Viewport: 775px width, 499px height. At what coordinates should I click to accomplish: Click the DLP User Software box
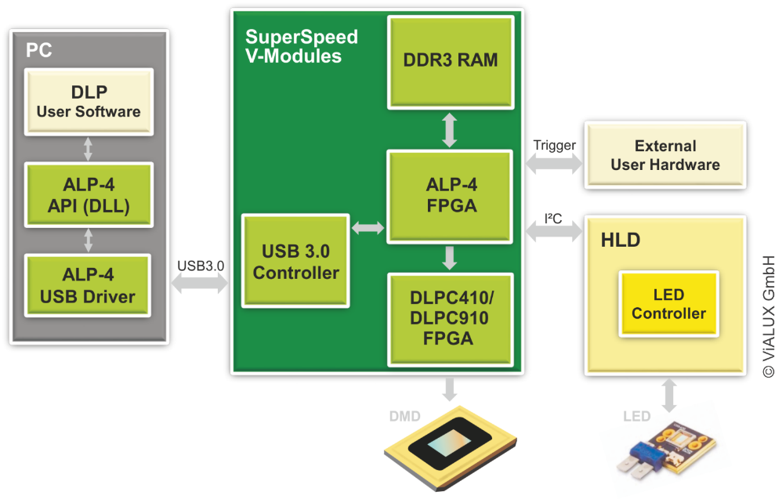(88, 101)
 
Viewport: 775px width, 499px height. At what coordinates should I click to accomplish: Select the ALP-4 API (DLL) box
(88, 194)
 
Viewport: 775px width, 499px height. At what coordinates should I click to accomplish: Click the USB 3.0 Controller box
(295, 261)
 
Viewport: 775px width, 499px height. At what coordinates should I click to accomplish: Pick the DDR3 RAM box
(450, 60)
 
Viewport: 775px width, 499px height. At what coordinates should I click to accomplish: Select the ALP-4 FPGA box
(450, 196)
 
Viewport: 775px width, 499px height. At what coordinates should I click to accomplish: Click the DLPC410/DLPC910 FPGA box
(450, 318)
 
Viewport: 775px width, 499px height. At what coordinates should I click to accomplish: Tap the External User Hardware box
(665, 155)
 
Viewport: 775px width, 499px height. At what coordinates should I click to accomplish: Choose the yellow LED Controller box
(668, 304)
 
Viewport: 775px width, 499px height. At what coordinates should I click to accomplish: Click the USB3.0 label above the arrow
(201, 266)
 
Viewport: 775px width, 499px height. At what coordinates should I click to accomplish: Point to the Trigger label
(554, 145)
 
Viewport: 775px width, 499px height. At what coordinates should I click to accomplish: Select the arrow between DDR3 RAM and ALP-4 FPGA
(450, 130)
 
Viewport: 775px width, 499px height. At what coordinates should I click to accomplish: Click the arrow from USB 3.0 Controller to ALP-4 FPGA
(368, 229)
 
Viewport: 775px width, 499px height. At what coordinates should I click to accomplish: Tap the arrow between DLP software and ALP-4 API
(88, 149)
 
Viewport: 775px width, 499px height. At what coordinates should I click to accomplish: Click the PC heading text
(39, 50)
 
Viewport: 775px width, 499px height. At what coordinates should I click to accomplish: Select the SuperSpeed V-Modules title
(301, 46)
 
